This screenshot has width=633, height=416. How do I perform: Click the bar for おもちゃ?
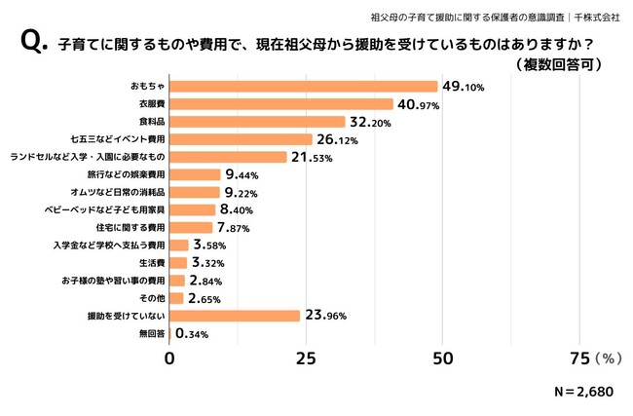[x=304, y=86]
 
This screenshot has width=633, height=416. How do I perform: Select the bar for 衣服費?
[x=281, y=103]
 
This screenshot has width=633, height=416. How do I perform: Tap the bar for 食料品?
[x=257, y=122]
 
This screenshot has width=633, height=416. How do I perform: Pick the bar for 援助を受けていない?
[x=235, y=315]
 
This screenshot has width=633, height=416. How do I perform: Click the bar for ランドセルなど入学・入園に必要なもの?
[x=229, y=157]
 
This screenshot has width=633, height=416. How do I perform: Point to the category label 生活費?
[x=150, y=263]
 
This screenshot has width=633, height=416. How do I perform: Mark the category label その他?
[x=151, y=298]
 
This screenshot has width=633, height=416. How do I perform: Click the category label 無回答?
[x=150, y=333]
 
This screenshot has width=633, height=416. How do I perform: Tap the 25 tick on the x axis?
[x=306, y=359]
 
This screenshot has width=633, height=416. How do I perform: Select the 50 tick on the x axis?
[x=442, y=359]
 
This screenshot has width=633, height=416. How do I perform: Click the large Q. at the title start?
[x=31, y=44]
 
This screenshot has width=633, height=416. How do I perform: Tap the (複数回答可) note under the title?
[x=558, y=65]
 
